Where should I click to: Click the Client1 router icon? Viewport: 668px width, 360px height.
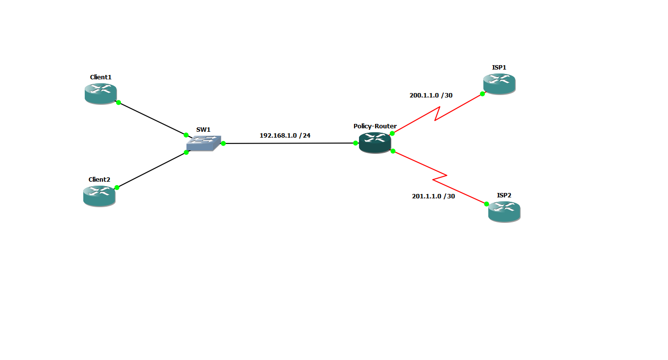coord(100,94)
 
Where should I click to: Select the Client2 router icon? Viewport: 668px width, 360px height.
coord(99,196)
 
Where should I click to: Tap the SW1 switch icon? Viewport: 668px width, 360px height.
coord(204,144)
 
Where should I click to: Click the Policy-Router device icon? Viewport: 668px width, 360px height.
coord(375,143)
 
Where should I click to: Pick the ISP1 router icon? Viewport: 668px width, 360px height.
coord(499,84)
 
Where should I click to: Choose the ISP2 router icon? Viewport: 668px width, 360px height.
coord(504,212)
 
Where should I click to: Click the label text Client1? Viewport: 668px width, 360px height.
coord(101,77)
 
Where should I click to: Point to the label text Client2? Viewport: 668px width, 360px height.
coord(99,179)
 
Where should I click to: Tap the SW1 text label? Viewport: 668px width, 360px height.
coord(203,129)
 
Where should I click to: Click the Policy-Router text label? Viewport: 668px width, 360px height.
coord(375,126)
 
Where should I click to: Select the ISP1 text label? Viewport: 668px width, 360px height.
coord(499,68)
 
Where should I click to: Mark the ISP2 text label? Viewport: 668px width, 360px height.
coord(504,195)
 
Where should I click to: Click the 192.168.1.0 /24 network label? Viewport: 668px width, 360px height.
coord(285,135)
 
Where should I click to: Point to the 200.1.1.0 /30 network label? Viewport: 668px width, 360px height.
coord(431,96)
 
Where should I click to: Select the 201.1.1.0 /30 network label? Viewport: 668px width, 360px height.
coord(433,196)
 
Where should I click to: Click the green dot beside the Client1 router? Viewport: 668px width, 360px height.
coord(119,102)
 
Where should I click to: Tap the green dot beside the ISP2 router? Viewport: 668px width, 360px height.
coord(486,204)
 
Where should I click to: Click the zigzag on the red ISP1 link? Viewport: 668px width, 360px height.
coord(437,114)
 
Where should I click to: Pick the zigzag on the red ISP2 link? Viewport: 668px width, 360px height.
coord(440,177)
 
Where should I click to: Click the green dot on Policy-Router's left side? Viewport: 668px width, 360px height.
coord(356,143)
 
